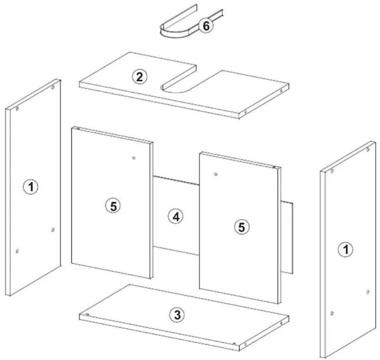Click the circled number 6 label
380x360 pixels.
click(x=206, y=26)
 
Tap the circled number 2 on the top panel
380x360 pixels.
click(x=139, y=77)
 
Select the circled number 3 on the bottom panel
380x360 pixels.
click(x=177, y=315)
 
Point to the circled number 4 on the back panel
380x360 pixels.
click(x=176, y=216)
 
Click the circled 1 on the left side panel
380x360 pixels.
click(x=31, y=187)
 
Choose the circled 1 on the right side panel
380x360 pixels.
click(x=346, y=250)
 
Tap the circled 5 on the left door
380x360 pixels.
click(x=113, y=206)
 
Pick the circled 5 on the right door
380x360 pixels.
click(x=242, y=227)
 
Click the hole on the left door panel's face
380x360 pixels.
click(x=134, y=158)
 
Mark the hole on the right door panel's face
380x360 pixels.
click(x=216, y=174)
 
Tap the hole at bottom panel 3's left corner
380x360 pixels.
click(x=87, y=314)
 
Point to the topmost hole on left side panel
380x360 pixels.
click(x=53, y=87)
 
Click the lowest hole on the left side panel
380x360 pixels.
click(x=17, y=251)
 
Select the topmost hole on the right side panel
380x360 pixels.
click(x=368, y=150)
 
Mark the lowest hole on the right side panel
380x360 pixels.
click(x=332, y=313)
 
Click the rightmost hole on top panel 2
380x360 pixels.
click(x=281, y=91)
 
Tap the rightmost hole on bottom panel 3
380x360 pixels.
click(x=281, y=323)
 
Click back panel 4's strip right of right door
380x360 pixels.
click(x=287, y=237)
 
